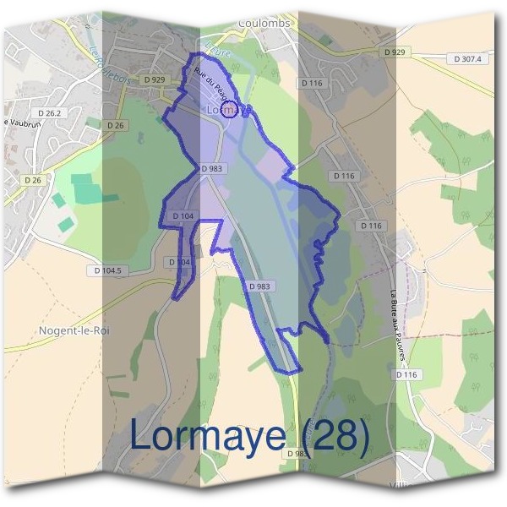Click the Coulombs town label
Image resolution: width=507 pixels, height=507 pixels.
264,23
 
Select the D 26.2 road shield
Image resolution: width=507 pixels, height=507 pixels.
51,112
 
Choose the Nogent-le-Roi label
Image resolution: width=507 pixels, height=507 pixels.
74,330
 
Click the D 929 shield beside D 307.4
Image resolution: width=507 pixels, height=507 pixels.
400,52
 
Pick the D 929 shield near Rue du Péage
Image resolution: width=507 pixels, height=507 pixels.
154,79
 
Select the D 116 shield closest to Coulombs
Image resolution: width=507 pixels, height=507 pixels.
312,84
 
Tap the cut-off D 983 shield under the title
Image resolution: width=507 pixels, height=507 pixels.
297,454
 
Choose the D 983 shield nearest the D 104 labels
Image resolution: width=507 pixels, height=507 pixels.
212,169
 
